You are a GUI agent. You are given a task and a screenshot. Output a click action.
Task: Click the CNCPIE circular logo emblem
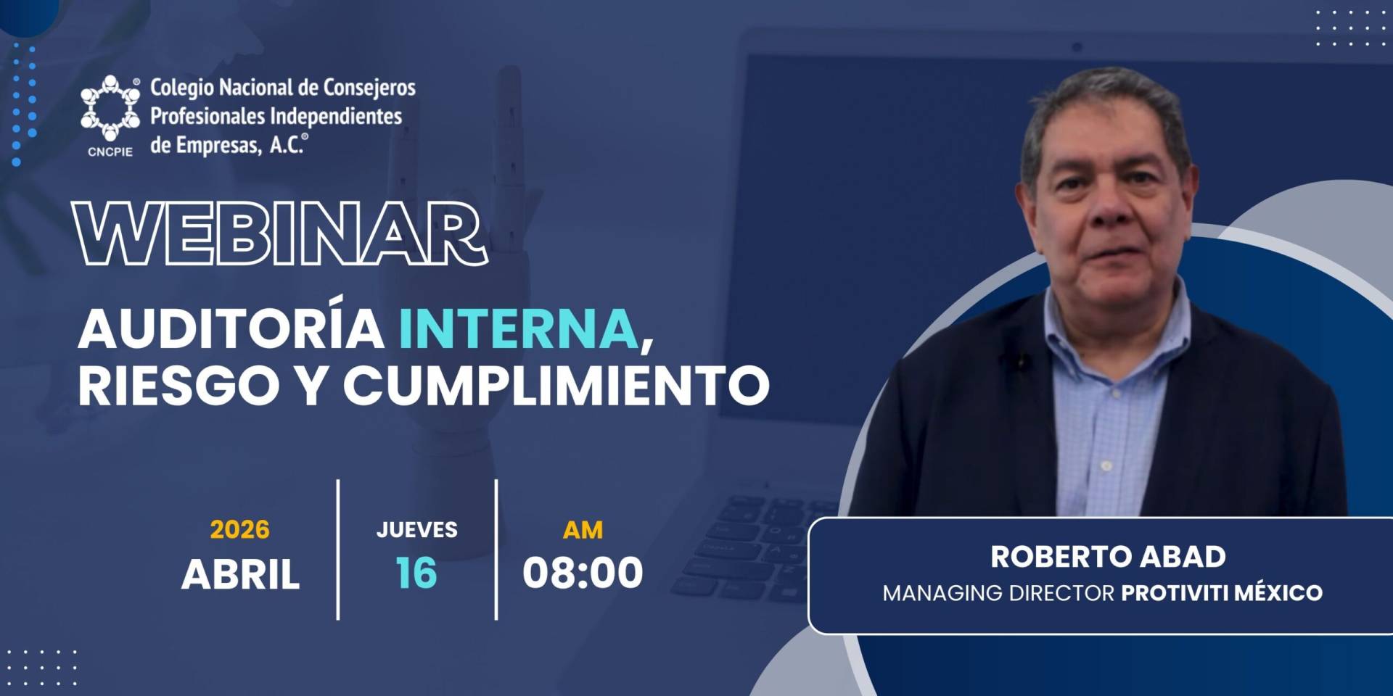(110, 108)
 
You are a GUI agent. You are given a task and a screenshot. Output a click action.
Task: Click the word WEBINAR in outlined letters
(280, 234)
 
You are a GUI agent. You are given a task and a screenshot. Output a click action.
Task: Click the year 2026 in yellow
(239, 530)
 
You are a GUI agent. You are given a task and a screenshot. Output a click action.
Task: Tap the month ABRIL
(240, 574)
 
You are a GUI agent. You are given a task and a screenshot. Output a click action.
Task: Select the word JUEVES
(416, 530)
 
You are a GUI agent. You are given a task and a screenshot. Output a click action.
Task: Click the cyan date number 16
(416, 573)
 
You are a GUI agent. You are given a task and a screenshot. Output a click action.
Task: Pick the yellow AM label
(583, 530)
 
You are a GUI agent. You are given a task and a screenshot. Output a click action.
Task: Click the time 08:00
(583, 573)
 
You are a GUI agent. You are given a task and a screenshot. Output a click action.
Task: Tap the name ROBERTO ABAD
(1108, 557)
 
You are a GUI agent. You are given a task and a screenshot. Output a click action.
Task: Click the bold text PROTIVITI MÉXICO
(1222, 593)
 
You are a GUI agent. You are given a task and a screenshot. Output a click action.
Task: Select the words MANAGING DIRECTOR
(998, 593)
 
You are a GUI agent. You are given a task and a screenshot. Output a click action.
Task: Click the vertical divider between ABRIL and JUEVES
(338, 550)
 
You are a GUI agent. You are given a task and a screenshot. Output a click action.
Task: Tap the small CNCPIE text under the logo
(110, 152)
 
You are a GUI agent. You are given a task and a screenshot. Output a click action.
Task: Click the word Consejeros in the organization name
(369, 88)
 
